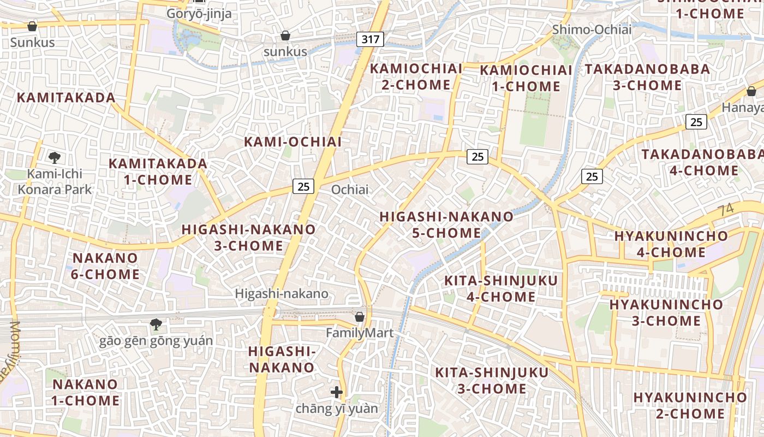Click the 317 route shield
tap(371, 39)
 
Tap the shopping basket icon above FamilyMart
tap(360, 317)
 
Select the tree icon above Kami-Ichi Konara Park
tap(54, 158)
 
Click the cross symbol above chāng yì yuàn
tap(337, 392)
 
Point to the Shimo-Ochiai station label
tap(592, 29)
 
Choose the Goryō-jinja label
tap(199, 14)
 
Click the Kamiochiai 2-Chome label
tap(416, 77)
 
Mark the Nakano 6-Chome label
tap(105, 266)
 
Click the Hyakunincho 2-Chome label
tap(690, 405)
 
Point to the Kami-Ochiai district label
tap(293, 142)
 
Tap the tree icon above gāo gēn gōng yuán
tap(156, 324)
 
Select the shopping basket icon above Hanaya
tap(751, 91)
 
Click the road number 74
tap(726, 210)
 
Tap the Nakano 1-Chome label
tap(85, 392)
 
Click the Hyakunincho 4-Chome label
tap(671, 244)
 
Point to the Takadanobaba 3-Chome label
tap(647, 78)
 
